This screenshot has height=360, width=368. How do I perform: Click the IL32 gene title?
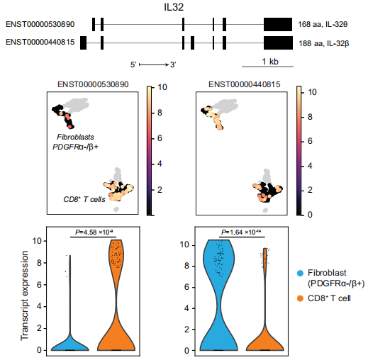click(174, 7)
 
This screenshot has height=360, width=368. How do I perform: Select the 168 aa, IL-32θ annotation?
click(323, 24)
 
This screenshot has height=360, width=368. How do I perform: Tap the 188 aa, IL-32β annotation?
click(323, 43)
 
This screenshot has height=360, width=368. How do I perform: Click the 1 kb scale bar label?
click(270, 62)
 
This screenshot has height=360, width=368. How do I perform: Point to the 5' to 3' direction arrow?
click(154, 64)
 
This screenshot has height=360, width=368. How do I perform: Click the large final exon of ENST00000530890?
click(278, 24)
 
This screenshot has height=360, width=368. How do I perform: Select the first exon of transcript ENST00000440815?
click(83, 43)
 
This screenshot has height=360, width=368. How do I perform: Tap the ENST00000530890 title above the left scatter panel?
click(93, 84)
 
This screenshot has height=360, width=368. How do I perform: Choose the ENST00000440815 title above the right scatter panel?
click(245, 84)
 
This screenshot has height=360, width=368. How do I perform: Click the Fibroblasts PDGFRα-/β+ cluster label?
click(75, 142)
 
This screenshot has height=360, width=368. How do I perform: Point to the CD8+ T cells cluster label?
click(84, 199)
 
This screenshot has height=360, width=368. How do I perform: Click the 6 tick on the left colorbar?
click(160, 138)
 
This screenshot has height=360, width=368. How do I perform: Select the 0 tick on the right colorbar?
click(310, 215)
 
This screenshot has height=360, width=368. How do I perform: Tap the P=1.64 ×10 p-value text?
click(241, 232)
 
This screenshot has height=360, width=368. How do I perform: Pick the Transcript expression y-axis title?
click(24, 296)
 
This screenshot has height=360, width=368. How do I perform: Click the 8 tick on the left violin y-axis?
click(40, 263)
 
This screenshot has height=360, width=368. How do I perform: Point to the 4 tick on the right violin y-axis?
click(186, 308)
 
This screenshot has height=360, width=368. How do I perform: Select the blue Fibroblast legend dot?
click(300, 274)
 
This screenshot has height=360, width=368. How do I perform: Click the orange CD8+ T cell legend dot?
click(300, 298)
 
